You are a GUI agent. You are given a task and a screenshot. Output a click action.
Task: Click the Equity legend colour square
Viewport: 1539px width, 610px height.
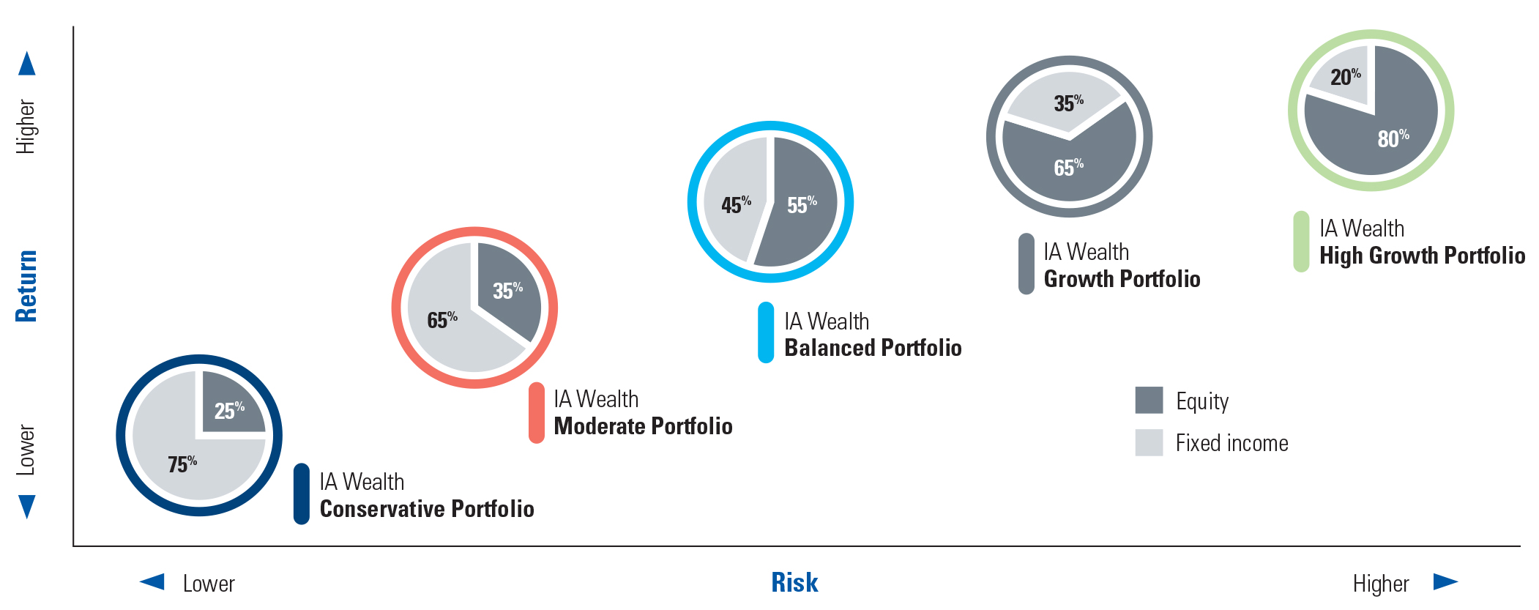[1149, 400]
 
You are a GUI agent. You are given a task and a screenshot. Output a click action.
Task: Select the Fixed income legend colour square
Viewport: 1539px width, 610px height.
[1149, 442]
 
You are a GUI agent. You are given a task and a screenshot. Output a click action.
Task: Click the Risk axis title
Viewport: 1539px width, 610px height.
[794, 583]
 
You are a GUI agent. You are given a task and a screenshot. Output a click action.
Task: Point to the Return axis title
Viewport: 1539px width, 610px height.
[26, 286]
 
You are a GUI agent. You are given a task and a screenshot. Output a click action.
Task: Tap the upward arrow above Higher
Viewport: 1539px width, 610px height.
[27, 64]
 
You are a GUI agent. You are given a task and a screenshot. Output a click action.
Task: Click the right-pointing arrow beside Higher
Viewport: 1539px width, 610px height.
[1445, 581]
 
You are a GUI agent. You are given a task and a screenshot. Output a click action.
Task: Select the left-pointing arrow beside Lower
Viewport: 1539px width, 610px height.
[152, 581]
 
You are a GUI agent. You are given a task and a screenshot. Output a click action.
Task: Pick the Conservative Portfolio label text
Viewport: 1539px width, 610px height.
[427, 509]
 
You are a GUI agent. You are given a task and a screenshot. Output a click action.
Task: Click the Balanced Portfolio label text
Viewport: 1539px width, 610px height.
[873, 348]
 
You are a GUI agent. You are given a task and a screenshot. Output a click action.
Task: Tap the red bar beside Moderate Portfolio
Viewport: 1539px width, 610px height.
[537, 413]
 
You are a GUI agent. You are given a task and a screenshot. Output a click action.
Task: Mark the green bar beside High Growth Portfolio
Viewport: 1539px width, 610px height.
[1301, 242]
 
